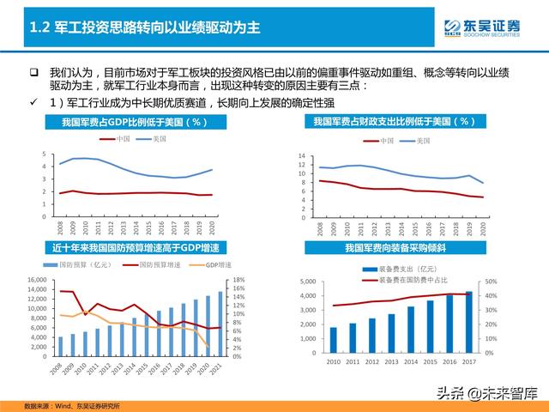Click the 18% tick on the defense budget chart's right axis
240,281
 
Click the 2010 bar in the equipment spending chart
333,341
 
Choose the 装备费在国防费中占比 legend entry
403,279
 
